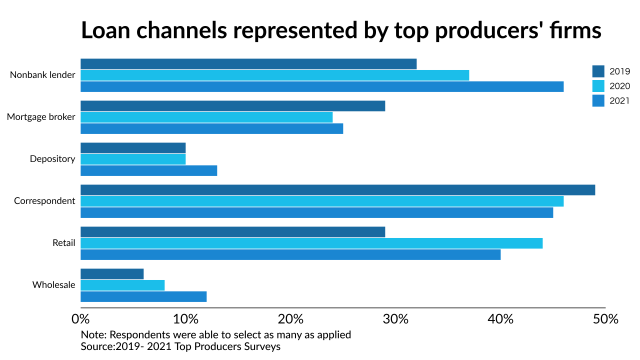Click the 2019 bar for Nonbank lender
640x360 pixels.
pos(248,64)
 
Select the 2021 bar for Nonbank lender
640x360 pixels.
pos(322,86)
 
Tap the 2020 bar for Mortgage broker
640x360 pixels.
pos(206,117)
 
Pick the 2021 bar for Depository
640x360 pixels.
pos(149,170)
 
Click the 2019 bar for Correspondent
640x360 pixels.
pos(337,190)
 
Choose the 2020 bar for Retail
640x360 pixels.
pos(311,243)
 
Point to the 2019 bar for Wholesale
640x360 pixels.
pos(112,274)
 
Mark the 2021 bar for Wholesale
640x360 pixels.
pos(143,296)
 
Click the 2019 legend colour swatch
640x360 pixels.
pos(598,71)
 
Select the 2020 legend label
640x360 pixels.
pos(619,86)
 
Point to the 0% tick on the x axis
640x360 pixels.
pos(80,319)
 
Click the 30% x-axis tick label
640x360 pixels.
pos(395,319)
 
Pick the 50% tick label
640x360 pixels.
pos(605,319)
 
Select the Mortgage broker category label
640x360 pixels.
pos(41,117)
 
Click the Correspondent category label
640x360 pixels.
pos(44,201)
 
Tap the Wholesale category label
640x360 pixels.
pos(53,285)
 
